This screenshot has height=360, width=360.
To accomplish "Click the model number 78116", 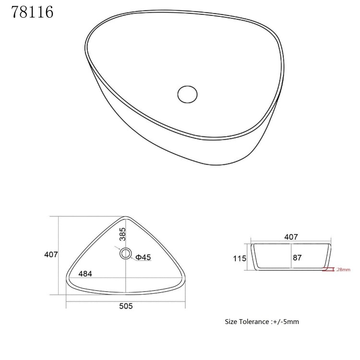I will point(32,12).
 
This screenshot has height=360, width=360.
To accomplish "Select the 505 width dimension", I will point(125,306).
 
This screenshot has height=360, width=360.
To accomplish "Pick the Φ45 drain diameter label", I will point(143,257).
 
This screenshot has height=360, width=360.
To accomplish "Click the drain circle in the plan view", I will point(126,253).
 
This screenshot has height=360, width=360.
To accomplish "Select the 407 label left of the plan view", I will point(51,254).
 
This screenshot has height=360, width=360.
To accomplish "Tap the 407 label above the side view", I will point(291,237).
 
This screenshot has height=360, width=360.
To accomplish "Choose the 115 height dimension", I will point(240,258).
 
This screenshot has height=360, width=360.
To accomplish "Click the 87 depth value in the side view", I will point(297,258).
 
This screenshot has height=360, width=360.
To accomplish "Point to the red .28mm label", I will point(343,269).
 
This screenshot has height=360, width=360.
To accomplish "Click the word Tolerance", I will point(254,321).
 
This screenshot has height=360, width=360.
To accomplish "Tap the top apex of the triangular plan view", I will point(126,217).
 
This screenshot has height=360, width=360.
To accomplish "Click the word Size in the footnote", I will point(231,321).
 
